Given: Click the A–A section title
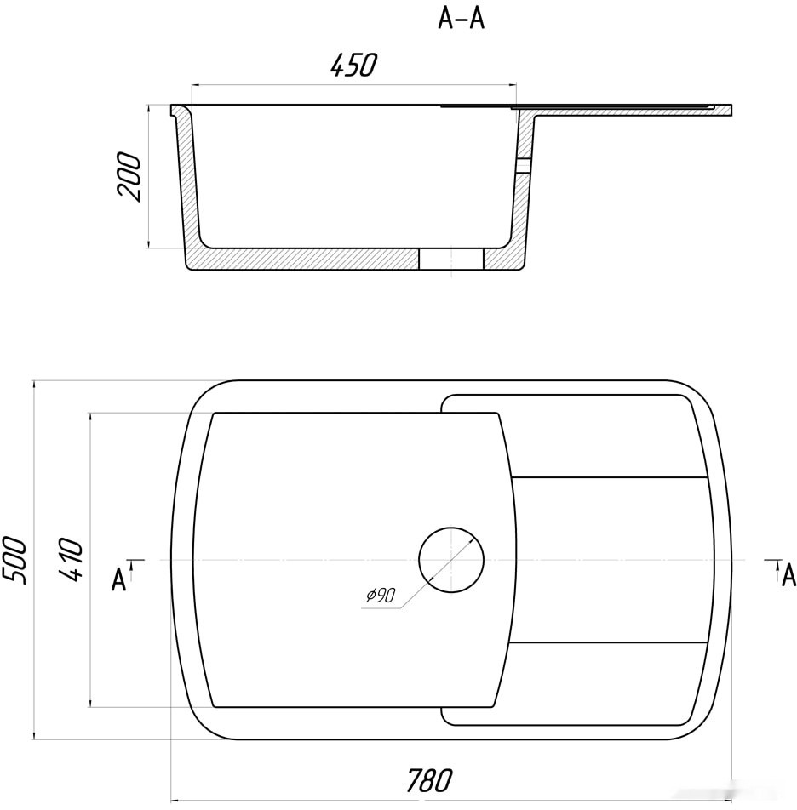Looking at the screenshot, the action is [x=461, y=20].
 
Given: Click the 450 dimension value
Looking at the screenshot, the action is [x=354, y=66].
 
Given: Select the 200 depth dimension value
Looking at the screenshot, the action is [x=129, y=177].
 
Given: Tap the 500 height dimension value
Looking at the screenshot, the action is [x=14, y=560].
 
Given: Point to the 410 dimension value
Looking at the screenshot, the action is [x=71, y=560].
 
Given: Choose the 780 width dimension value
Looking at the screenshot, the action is [x=430, y=780].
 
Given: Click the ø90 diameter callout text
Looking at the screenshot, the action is [x=381, y=595].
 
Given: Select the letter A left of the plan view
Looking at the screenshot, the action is [x=118, y=579].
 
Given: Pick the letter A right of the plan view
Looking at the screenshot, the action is [x=788, y=575].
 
